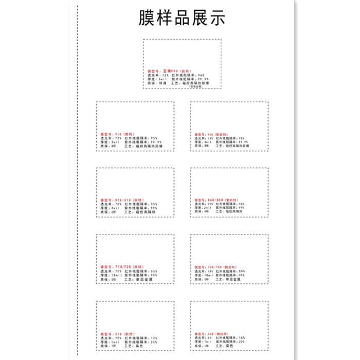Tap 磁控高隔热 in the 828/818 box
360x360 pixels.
[x=146, y=212]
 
